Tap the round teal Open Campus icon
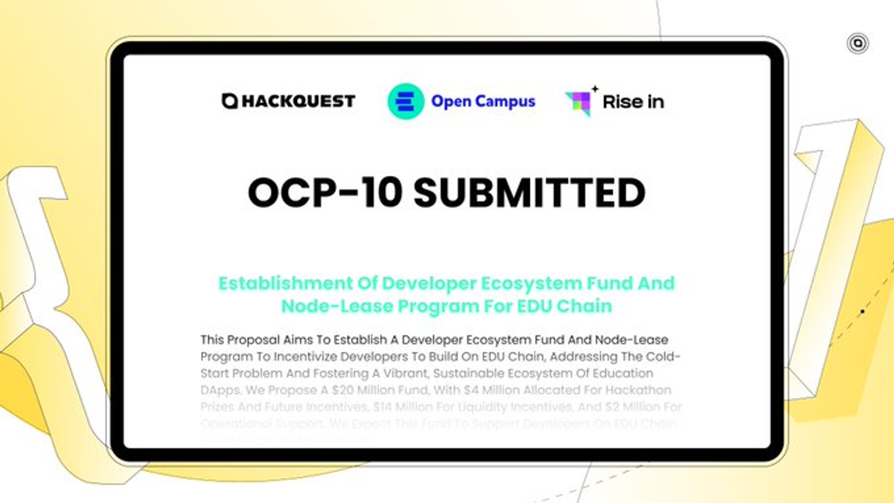click(406, 101)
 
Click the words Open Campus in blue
click(483, 101)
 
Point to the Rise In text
click(633, 102)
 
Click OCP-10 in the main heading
click(325, 193)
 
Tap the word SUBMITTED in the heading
click(529, 193)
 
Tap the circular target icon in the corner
click(858, 43)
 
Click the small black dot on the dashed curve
click(862, 311)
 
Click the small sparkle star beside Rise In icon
click(595, 89)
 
